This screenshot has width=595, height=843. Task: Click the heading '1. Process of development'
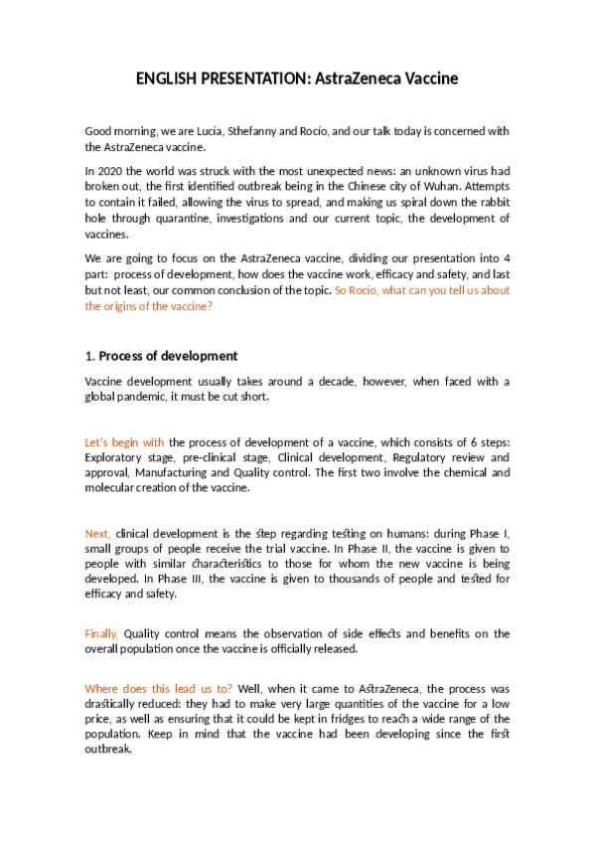tap(161, 356)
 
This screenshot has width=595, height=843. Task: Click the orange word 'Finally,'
tap(101, 633)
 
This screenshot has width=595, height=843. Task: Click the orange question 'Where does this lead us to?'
tap(159, 688)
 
